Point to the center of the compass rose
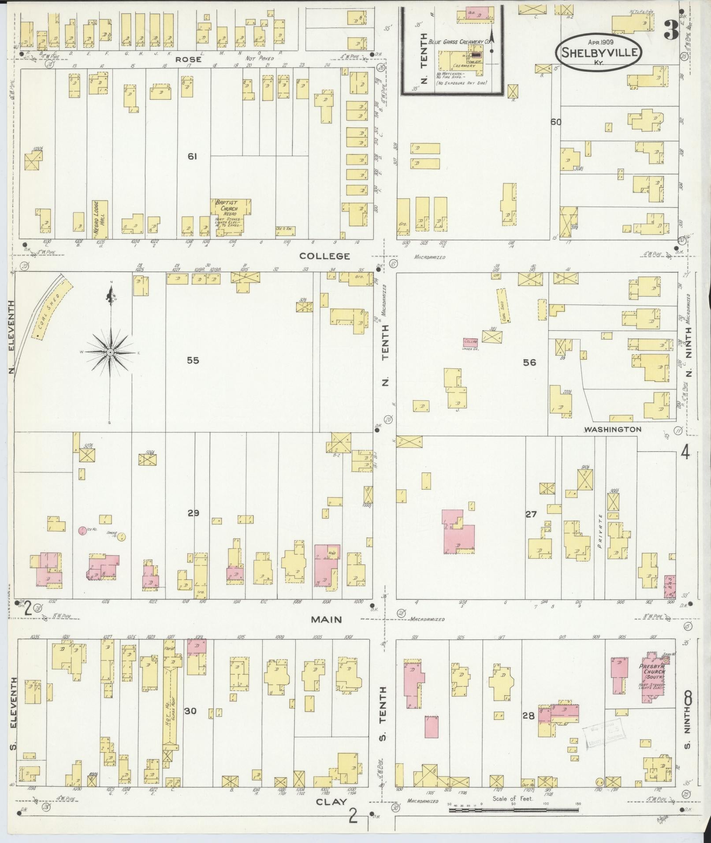pyautogui.click(x=110, y=352)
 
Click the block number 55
pyautogui.click(x=193, y=360)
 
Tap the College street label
pyautogui.click(x=331, y=256)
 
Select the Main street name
pyautogui.click(x=326, y=619)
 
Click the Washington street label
pyautogui.click(x=612, y=429)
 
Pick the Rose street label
pyautogui.click(x=189, y=59)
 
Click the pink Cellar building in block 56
pyautogui.click(x=470, y=342)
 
